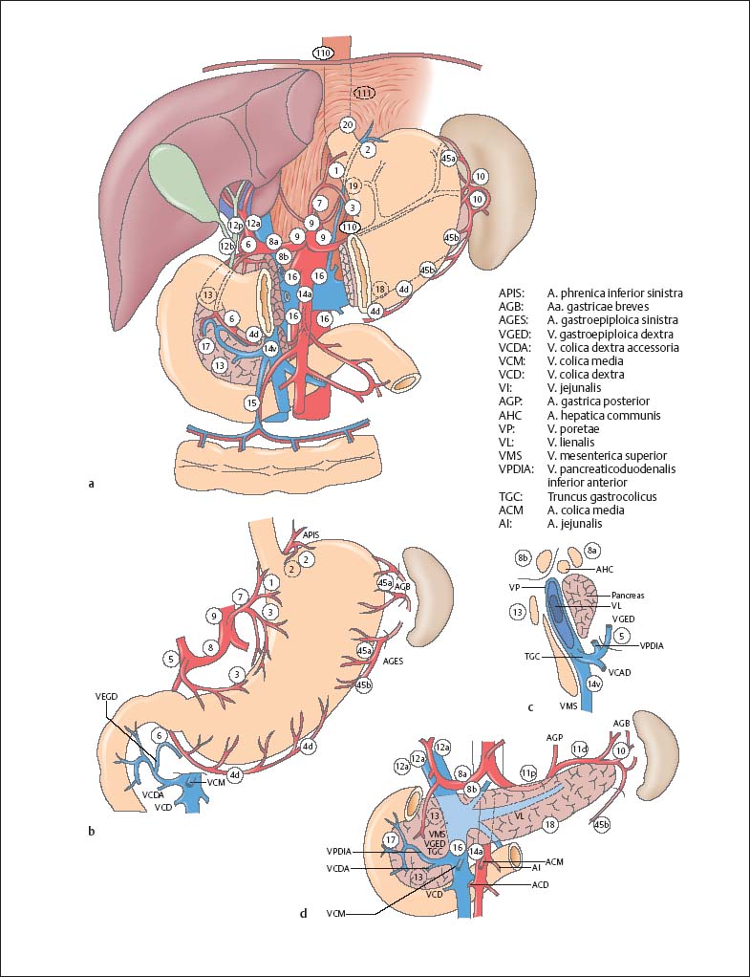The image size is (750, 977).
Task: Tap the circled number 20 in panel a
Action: [x=347, y=125]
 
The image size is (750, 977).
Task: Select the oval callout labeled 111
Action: [x=364, y=93]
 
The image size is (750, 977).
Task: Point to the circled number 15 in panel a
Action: [x=252, y=403]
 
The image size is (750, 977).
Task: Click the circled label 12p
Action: [x=234, y=226]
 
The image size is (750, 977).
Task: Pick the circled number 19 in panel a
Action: [x=353, y=185]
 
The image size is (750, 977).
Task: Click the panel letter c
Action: [x=529, y=707]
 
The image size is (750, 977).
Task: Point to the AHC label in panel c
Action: [x=606, y=568]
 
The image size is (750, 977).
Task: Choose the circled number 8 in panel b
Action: [x=210, y=647]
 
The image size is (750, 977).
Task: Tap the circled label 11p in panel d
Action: [x=528, y=771]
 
